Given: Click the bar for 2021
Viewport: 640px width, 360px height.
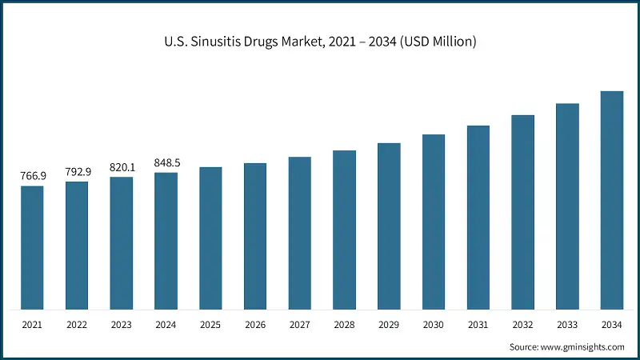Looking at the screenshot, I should point(32,248).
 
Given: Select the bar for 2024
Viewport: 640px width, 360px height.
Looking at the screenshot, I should point(166,241).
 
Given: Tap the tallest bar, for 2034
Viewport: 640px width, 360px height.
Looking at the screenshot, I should point(612,200).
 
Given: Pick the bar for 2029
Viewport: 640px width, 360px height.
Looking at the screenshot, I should point(389,226).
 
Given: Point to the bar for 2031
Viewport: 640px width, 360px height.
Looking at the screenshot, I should point(478,218).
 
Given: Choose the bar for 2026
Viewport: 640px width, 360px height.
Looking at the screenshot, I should point(255,236).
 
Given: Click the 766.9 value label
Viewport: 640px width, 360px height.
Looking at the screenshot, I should point(32,176).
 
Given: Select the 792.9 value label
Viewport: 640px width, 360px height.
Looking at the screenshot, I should point(77,171).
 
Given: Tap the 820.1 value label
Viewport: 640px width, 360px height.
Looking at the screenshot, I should point(122,167).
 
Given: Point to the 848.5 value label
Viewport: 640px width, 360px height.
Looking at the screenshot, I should point(166,162).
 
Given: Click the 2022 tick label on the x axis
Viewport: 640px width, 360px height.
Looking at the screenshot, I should point(77,326).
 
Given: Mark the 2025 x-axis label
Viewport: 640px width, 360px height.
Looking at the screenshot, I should point(210,326).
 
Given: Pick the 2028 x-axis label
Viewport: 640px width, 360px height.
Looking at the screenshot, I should point(344,326).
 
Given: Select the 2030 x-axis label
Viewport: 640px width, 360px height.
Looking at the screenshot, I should point(434,326).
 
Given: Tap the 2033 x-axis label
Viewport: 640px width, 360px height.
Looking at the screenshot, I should point(567,326).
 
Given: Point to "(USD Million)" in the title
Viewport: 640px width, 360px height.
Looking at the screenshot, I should point(437,42).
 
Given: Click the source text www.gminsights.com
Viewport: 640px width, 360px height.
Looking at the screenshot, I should point(582,346).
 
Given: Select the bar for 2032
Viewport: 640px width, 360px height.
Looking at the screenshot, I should point(522,212).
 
